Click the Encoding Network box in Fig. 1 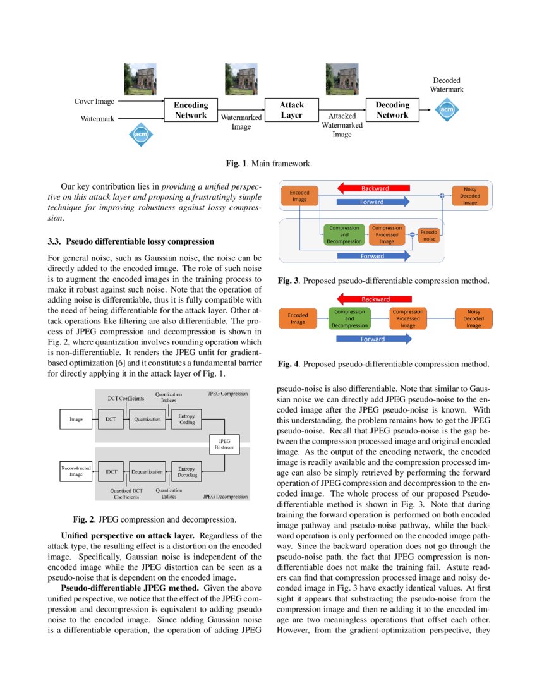click(190, 110)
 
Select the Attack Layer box click(291, 110)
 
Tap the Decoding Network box click(392, 110)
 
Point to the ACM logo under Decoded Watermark click(447, 109)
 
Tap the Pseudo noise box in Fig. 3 click(429, 235)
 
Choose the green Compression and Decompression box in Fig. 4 click(349, 318)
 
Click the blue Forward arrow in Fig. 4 click(373, 339)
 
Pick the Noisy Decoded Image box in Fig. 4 click(473, 318)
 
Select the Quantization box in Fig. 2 click(147, 418)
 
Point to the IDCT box click(111, 471)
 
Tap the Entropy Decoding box click(186, 471)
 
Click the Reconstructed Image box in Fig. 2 click(76, 471)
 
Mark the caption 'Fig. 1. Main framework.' click(268, 164)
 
